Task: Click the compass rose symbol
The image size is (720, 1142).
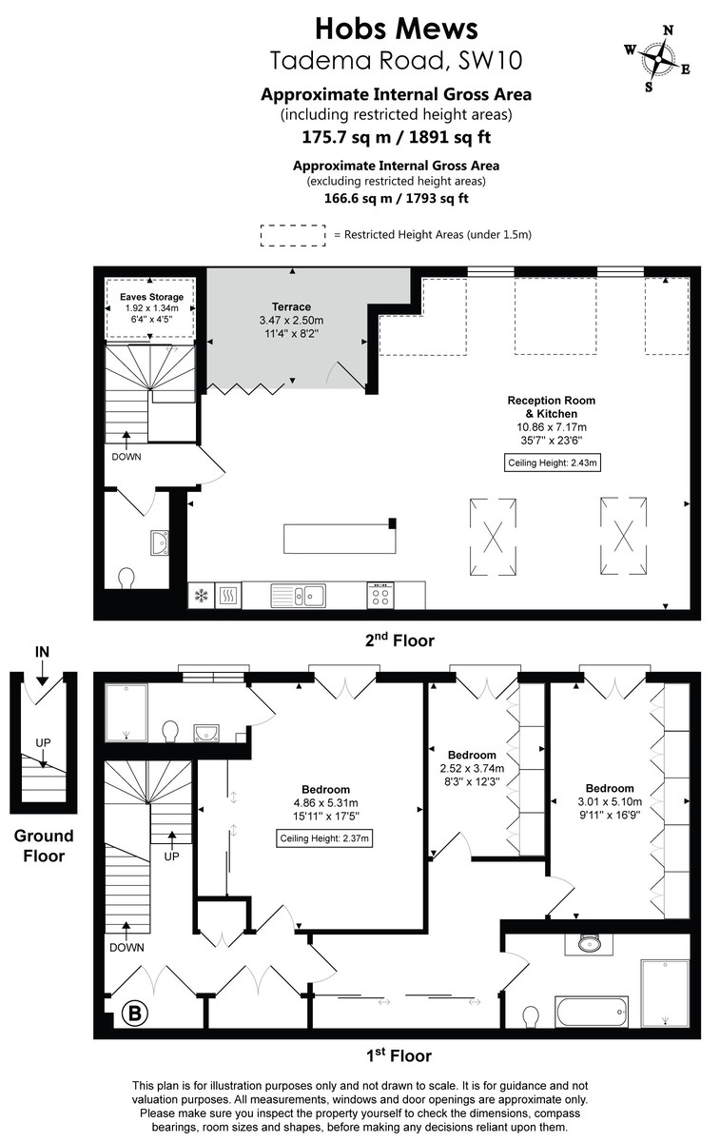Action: point(657,57)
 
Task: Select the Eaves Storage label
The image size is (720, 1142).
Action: point(151,296)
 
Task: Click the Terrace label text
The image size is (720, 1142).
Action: point(291,306)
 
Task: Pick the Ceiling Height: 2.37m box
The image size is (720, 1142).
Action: point(324,838)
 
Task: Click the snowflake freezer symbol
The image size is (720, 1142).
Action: point(202,597)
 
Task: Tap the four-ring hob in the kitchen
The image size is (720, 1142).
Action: point(380,596)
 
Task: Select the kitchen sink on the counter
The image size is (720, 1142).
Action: point(299,596)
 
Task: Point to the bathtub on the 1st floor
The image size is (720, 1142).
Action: point(591,1010)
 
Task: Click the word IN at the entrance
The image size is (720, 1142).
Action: point(42,652)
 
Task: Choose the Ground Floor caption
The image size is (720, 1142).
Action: point(43,845)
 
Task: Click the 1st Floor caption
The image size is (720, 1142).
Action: point(399,1055)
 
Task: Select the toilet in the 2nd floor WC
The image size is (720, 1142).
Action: point(126,578)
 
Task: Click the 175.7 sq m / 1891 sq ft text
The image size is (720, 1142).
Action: point(396,137)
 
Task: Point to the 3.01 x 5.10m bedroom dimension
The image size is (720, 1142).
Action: point(610,801)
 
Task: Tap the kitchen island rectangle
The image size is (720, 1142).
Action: point(340,539)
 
